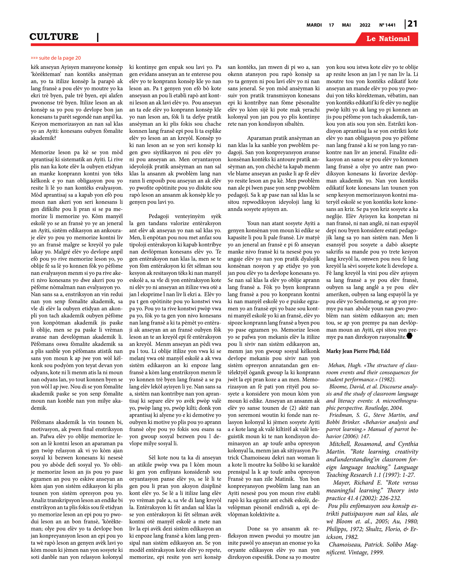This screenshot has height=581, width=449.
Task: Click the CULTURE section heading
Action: click(54, 37)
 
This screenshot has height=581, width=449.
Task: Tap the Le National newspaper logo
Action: click(388, 39)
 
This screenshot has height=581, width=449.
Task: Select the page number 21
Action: click(412, 24)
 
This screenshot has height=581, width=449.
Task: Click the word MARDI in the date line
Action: click(314, 25)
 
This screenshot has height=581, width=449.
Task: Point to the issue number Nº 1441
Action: click(387, 25)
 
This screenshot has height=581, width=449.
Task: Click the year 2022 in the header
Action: click(365, 25)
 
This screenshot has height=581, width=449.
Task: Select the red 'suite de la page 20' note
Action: click(56, 58)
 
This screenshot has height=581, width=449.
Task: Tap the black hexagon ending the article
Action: click(409, 336)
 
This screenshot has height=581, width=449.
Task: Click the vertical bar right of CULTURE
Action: click(98, 37)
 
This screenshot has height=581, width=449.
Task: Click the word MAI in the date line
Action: click(346, 25)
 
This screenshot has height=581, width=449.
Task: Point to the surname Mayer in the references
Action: click(342, 483)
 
